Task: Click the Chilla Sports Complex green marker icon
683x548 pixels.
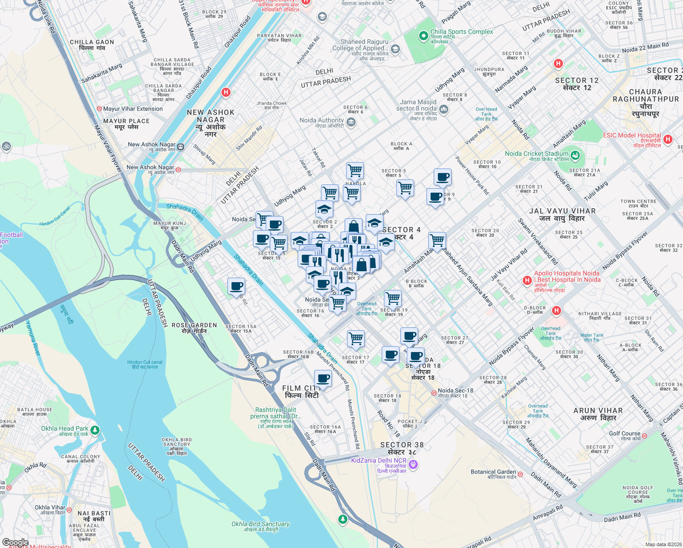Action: (424, 35)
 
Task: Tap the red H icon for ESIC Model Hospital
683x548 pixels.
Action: (668, 139)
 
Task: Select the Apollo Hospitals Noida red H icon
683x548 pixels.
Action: (527, 280)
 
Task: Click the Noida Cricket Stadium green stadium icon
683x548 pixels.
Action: (575, 156)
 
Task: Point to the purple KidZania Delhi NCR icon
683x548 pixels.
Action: (413, 465)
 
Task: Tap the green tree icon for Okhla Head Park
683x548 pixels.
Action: (95, 430)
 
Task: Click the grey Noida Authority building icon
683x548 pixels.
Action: (351, 122)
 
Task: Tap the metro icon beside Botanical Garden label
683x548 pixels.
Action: (520, 474)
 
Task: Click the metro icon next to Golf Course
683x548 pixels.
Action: (645, 436)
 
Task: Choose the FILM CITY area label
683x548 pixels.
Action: (301, 392)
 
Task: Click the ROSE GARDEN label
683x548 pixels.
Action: (194, 328)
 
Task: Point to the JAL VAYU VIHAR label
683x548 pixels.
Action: (562, 215)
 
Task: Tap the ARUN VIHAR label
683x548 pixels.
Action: (598, 414)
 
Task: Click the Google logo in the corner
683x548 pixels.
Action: (15, 542)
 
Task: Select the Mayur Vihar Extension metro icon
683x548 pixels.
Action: (99, 109)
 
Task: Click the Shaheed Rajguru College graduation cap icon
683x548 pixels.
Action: (395, 49)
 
